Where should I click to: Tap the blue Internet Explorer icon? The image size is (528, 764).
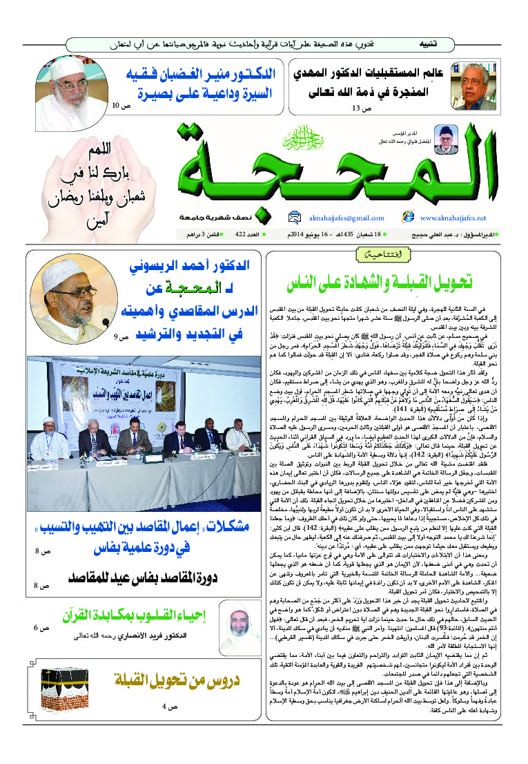(x=408, y=217)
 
